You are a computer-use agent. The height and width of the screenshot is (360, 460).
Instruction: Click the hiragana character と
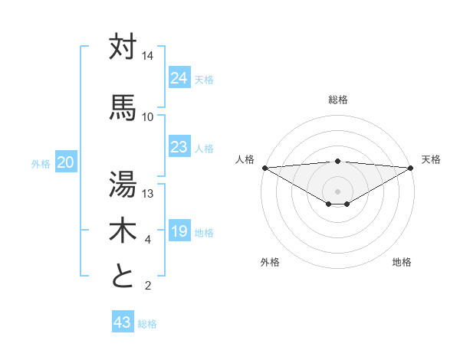point(123,275)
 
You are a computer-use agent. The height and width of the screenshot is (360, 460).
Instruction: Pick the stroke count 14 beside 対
point(148,56)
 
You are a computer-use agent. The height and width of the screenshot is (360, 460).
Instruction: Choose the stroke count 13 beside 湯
point(148,193)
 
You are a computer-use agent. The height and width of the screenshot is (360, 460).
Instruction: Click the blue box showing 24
point(179,78)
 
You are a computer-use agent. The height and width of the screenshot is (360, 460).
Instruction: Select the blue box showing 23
point(179,147)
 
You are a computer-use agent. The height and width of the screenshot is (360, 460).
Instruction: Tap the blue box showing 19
point(179,231)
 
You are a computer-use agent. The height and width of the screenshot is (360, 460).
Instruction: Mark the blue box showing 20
point(66,162)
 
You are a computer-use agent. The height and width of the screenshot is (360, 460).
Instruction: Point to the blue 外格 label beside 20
point(41,163)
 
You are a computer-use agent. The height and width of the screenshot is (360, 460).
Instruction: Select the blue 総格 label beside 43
point(148,324)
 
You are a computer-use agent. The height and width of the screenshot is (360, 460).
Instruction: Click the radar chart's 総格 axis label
point(338,100)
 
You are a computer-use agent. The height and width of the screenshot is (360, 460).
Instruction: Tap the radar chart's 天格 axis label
point(432,159)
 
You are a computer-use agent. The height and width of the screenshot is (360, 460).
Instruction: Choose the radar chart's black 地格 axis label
point(402,262)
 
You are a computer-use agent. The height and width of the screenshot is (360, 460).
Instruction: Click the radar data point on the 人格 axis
point(264,168)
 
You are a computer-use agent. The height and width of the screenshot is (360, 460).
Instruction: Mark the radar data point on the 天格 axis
point(411,168)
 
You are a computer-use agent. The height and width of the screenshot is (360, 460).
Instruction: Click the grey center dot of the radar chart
point(337,191)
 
